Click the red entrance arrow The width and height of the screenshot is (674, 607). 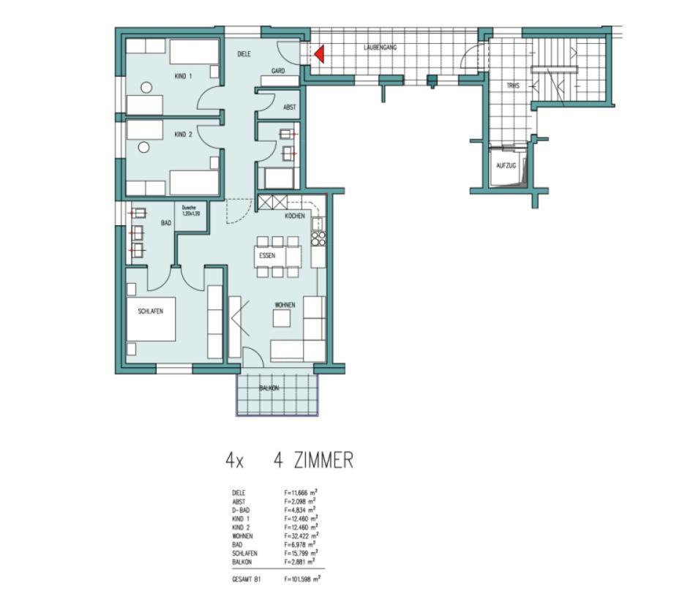click(x=318, y=53)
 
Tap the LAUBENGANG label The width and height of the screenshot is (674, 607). click(x=381, y=47)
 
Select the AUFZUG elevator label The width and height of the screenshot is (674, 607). click(x=506, y=166)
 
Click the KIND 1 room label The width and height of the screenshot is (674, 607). click(x=184, y=76)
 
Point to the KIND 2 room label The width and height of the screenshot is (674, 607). click(x=183, y=135)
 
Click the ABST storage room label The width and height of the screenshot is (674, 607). click(x=290, y=108)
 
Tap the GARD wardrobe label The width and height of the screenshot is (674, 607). click(x=278, y=71)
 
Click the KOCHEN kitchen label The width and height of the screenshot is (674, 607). click(x=295, y=216)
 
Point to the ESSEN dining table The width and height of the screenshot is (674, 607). click(x=278, y=256)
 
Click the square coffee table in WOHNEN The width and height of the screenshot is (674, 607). click(x=282, y=319)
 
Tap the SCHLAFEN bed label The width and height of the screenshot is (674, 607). click(x=151, y=312)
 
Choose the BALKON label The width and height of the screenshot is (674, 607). click(x=269, y=388)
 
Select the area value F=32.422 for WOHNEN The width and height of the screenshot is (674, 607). click(x=300, y=535)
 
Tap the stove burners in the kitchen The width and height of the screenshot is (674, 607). click(x=318, y=238)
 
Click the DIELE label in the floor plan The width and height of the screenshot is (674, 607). click(x=244, y=54)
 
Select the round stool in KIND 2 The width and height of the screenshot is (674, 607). click(x=144, y=147)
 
